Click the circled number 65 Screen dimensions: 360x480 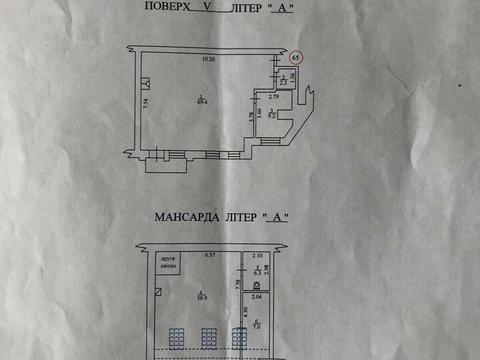295,58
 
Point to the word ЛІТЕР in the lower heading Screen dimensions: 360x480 242,217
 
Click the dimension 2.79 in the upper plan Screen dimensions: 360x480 273,94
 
